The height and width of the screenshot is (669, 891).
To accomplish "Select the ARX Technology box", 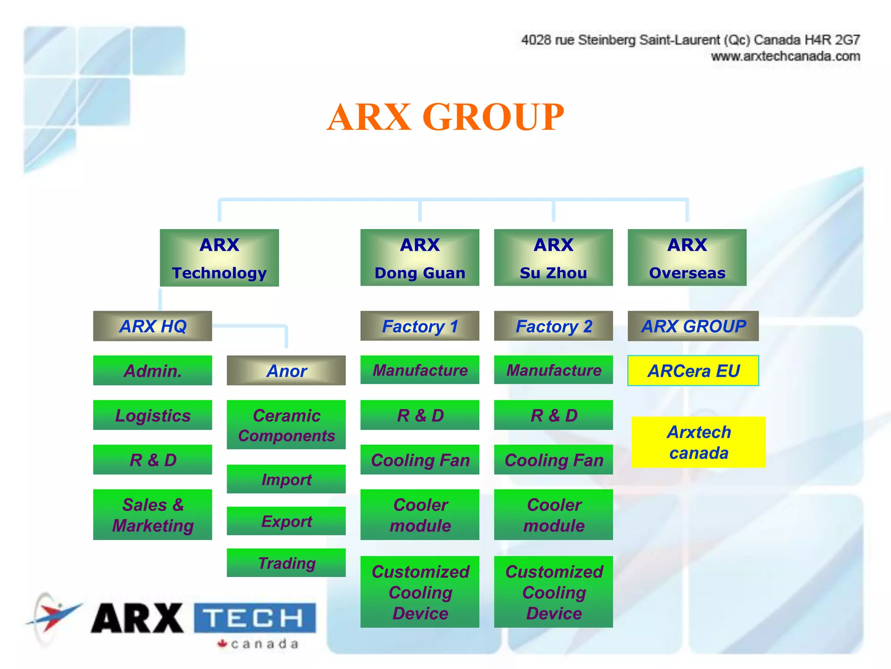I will tap(219, 258).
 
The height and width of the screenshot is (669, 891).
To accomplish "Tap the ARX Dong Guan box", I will tap(420, 258).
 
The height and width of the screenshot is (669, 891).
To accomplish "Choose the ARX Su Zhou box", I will tap(553, 258).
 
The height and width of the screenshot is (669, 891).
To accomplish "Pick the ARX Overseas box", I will tap(687, 258).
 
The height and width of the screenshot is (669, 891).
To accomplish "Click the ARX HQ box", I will tap(153, 326).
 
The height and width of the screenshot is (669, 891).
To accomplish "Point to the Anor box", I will tap(286, 371).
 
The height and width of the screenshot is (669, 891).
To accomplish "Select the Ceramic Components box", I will tap(286, 425).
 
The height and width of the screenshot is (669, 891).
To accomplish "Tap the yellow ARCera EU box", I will tap(693, 371).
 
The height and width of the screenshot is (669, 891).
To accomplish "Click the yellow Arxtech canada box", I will tap(698, 442).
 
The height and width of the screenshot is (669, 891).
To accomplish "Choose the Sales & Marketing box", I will tap(153, 515).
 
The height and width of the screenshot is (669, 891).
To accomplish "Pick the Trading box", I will tap(286, 563).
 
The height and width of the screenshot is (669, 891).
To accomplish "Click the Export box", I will tap(286, 521).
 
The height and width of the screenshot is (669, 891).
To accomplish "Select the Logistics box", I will tap(153, 415).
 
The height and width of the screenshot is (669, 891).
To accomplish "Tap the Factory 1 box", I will tap(420, 326).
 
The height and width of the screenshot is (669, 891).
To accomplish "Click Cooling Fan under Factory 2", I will tap(553, 460).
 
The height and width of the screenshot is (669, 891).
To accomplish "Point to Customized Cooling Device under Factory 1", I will tap(420, 592).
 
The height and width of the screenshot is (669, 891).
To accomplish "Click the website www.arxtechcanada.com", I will tap(785, 57).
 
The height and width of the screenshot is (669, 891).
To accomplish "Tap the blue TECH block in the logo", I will tap(255, 618).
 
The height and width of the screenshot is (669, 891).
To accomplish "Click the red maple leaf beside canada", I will tap(223, 643).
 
